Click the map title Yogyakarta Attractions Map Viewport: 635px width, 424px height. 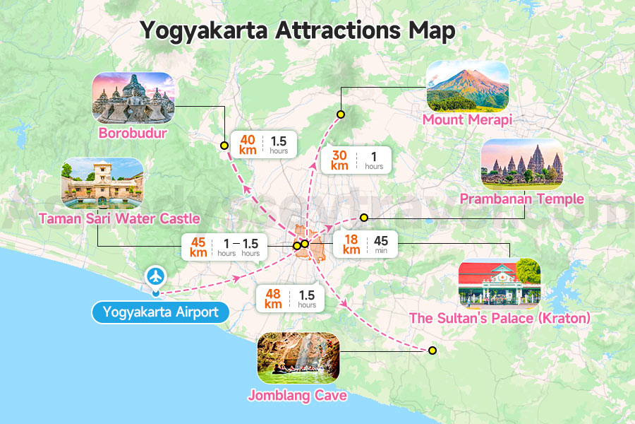(x=297, y=30)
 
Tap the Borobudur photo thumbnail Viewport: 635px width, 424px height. (x=133, y=98)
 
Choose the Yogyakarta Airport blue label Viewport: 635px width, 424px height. (x=160, y=312)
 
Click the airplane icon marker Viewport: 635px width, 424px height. (x=155, y=275)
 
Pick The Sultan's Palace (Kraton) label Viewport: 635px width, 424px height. (x=500, y=319)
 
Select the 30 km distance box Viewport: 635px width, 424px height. (x=356, y=160)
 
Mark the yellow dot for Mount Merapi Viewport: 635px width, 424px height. (x=340, y=114)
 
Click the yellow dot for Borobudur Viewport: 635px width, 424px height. (x=224, y=146)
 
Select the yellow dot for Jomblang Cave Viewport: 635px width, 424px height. (x=433, y=351)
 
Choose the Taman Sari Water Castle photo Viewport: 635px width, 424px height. (x=102, y=183)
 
